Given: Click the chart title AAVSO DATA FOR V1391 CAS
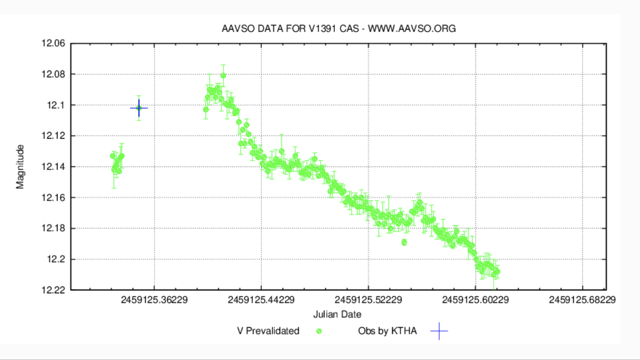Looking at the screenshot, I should pos(338,29).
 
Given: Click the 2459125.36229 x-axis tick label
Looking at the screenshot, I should pos(154,300).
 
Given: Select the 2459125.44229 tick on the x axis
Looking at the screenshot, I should pos(261,300).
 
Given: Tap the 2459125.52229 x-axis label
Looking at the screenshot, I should pos(368,300).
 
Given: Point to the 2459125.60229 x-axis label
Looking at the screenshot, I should pos(475,300).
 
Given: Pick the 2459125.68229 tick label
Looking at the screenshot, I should pos(582,300).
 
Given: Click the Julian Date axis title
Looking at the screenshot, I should pos(337,315).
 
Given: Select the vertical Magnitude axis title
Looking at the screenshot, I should pos(20,167).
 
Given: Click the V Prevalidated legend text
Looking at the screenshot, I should pos(268,331).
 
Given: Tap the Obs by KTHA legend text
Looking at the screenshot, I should pos(387,331).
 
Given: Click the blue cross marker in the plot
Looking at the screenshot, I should pos(139,108).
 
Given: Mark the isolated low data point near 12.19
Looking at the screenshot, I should pos(404,242).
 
